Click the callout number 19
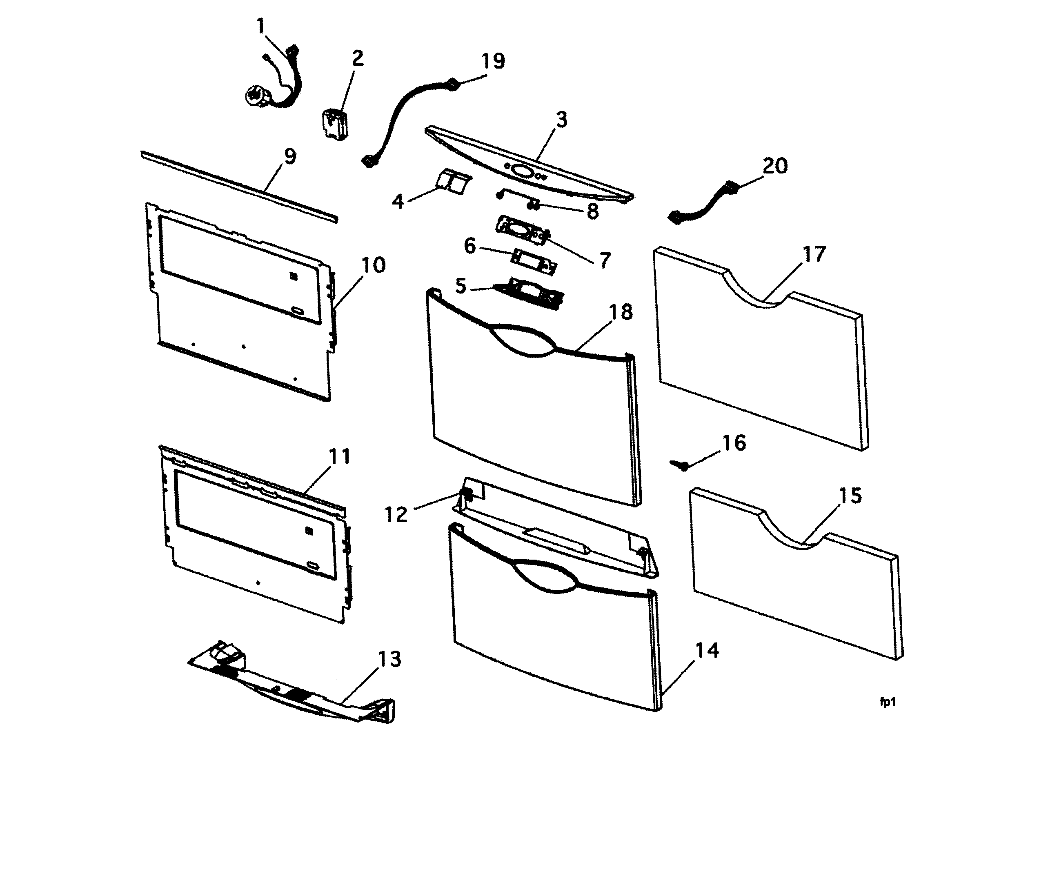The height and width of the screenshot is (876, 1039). pyautogui.click(x=493, y=62)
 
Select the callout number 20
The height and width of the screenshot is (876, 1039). pyautogui.click(x=774, y=166)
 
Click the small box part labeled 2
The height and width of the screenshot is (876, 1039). pyautogui.click(x=333, y=125)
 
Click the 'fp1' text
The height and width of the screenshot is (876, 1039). pyautogui.click(x=887, y=702)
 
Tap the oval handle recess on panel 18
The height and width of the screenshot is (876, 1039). pyautogui.click(x=521, y=340)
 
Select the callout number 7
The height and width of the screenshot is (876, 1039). pyautogui.click(x=605, y=260)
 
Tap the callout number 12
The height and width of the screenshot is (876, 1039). pyautogui.click(x=396, y=514)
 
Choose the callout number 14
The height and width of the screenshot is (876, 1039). pyautogui.click(x=707, y=651)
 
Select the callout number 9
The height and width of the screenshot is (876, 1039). pyautogui.click(x=290, y=156)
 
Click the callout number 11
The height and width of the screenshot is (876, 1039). pyautogui.click(x=340, y=456)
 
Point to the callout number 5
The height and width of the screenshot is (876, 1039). pyautogui.click(x=461, y=286)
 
